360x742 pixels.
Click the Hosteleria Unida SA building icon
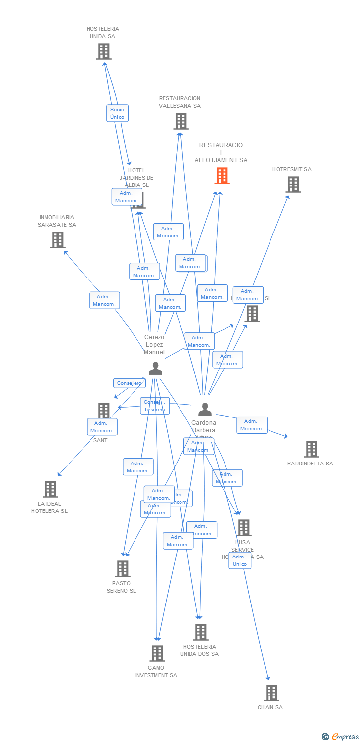click(104, 51)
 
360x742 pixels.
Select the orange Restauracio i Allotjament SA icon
click(222, 176)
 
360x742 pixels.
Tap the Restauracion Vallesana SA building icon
click(181, 121)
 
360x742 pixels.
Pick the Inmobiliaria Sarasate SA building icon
click(58, 240)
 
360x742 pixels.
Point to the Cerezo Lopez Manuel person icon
click(155, 369)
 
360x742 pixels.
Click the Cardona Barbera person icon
click(205, 410)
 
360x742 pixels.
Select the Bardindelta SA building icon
click(312, 449)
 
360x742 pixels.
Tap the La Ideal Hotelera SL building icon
click(50, 489)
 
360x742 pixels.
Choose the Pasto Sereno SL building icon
click(123, 569)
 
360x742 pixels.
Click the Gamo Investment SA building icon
click(157, 653)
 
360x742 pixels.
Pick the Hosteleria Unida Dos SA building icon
click(201, 632)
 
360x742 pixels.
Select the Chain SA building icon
click(271, 693)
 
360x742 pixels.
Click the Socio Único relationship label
click(118, 113)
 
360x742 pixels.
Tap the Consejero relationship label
click(130, 383)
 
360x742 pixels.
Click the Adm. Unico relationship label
click(240, 560)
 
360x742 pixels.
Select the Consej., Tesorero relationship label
click(155, 406)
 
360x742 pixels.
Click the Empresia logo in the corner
click(341, 737)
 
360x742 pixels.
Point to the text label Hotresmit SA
click(292, 169)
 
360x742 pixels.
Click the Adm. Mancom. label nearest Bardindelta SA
click(252, 425)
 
